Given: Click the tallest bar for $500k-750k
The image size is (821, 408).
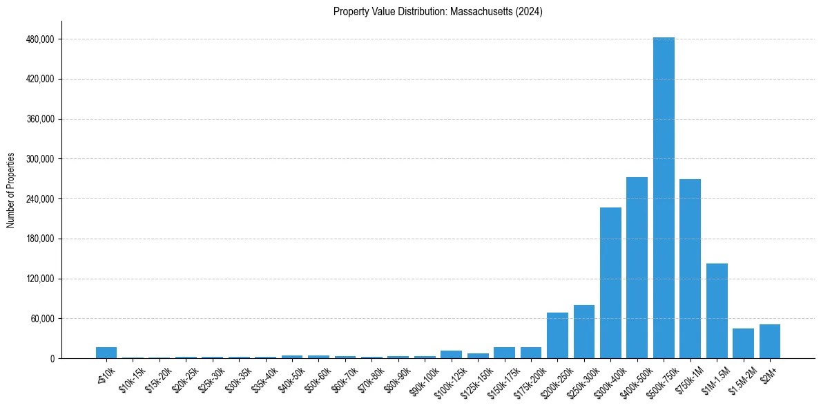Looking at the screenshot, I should tap(664, 198).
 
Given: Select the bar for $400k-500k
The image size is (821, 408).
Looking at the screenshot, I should tap(637, 268).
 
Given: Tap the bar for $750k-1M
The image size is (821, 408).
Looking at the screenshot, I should tap(690, 268).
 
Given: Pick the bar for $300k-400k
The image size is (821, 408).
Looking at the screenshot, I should tap(610, 283).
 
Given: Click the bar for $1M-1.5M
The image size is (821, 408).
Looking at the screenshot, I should tap(717, 311).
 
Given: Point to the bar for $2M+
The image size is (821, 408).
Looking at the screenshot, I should tap(770, 341).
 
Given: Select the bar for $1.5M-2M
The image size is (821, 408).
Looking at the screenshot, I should tap(743, 343).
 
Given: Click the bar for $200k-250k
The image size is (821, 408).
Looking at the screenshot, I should tap(557, 335).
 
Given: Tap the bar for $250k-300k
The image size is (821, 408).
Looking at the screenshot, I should tap(584, 331).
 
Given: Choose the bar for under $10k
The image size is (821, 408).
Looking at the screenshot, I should tap(106, 353).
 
